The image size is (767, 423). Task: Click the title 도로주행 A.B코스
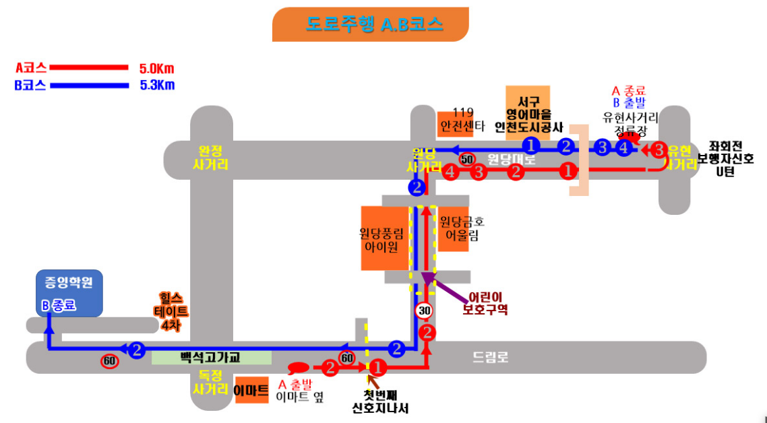pos(370,25)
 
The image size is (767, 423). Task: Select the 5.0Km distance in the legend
pos(156,68)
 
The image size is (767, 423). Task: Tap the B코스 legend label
pos(31,86)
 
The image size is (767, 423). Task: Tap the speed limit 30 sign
pos(424,311)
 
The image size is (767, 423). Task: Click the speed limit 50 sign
pos(466,160)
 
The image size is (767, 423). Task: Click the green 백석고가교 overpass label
pos(210,358)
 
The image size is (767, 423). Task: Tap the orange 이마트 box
pos(251,391)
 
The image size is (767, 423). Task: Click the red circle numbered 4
pos(451,172)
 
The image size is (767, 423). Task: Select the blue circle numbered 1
pos(531,145)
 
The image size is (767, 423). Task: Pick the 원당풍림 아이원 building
pos(384,238)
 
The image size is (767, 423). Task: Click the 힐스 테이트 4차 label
pos(173,311)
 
